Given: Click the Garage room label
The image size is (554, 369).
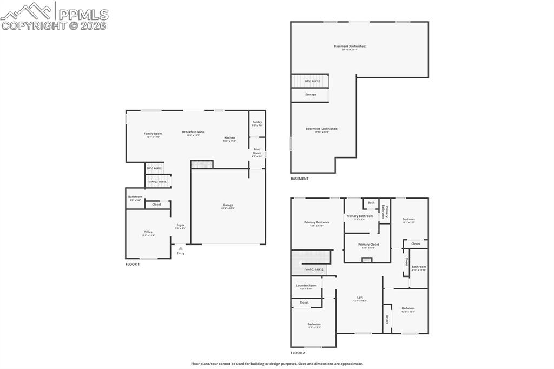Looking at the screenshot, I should pos(228,205).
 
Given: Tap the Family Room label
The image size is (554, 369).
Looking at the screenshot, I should pos(153,134).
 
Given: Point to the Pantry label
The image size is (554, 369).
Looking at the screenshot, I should pos(257,122).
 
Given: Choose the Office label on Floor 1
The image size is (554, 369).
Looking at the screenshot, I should pos(148,232).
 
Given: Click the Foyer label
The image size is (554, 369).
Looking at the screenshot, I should pos(181,225).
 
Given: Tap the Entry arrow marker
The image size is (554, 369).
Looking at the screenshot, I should pos(181,249).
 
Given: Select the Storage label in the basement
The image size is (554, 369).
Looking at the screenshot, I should pos(311,95).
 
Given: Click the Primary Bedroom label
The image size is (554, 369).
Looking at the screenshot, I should pos(316,222).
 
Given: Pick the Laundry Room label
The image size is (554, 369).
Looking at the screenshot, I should pos(306,285).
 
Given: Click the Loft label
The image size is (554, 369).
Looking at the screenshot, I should pos(360,298).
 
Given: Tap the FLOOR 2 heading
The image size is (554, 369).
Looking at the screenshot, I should pos(298,353).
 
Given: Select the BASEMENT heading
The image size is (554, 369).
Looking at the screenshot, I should pos(300,179).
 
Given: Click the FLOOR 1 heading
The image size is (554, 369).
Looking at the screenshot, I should pos(133,264).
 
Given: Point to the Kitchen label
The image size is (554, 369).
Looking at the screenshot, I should pos(230,138).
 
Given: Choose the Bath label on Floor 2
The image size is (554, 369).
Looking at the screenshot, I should pos(371,203).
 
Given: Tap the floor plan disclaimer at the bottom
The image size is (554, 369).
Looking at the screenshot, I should pos(277,364).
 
